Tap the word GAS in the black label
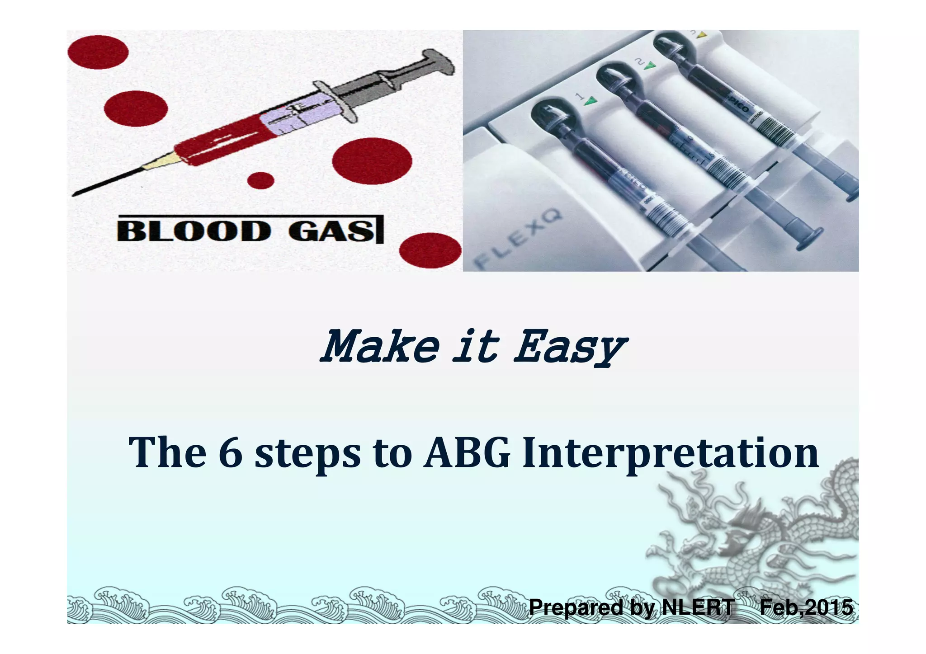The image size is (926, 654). [331, 231]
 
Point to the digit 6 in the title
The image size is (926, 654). [231, 453]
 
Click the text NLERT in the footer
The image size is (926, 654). [698, 607]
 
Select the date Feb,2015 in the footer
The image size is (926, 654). [806, 607]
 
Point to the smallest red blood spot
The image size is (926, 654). [261, 181]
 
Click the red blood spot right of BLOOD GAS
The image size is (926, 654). [430, 250]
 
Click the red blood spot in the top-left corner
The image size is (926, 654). [98, 52]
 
